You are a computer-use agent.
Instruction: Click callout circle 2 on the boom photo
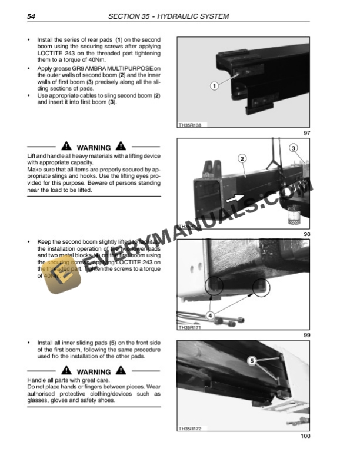point(242,158)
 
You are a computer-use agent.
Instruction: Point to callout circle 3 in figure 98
point(294,148)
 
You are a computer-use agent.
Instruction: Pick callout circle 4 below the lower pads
point(210,315)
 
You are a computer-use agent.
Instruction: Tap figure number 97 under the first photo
point(306,134)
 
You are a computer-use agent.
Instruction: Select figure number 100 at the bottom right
point(305,436)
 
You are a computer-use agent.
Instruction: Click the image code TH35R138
point(189,125)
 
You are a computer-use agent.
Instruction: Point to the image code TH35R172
point(189,428)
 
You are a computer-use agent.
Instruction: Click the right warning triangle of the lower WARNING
point(121,371)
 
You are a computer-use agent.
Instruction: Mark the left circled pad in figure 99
point(215,286)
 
